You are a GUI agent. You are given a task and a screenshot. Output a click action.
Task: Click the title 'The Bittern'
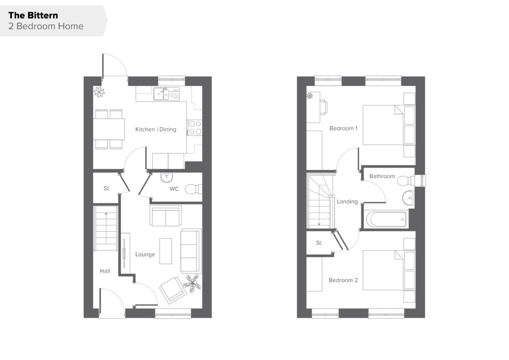pos(33,15)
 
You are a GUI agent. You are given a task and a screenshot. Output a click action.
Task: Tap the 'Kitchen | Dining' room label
pos(156,129)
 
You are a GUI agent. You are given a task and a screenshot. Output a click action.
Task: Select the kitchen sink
pos(166,94)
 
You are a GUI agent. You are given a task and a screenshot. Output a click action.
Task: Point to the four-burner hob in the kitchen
pos(195,128)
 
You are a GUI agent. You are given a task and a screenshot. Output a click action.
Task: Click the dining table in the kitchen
pos(109,129)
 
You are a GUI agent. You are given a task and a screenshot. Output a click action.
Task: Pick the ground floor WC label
pos(174,188)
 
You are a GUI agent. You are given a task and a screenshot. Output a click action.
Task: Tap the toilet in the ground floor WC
pos(193,189)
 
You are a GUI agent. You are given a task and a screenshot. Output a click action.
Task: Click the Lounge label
pos(145,255)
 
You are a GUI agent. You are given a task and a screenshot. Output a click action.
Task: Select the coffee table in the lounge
pos(166,251)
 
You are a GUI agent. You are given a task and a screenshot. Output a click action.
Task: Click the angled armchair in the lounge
pos(173,290)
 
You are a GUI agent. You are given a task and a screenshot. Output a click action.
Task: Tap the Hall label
pos(105,271)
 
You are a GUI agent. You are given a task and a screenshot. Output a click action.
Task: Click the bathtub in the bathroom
pos(386,219)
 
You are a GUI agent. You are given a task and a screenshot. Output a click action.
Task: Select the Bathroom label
pos(382,176)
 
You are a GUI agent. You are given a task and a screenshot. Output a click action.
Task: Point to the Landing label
pos(347,201)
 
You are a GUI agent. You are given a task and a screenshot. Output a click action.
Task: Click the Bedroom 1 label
pos(343,128)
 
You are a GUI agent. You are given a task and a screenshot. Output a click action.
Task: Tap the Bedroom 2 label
pos(343,280)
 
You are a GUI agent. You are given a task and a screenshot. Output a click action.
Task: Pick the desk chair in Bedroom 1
pos(324,107)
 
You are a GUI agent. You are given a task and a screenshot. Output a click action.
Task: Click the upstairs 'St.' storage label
pos(319,243)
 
